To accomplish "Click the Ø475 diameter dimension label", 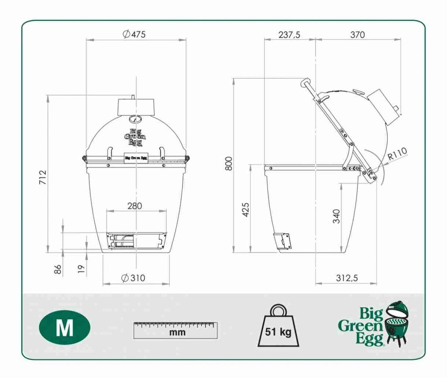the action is [x=134, y=34].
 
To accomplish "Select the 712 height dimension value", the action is [x=42, y=177].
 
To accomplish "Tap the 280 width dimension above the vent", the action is [x=134, y=206].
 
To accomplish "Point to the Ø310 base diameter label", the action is [x=133, y=277].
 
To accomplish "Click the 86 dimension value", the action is [x=58, y=269].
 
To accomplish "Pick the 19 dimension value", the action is [x=82, y=269].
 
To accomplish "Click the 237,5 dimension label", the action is [x=289, y=35].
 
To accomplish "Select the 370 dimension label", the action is [x=358, y=35].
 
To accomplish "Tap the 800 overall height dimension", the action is [x=229, y=163].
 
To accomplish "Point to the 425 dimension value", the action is [x=245, y=210].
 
